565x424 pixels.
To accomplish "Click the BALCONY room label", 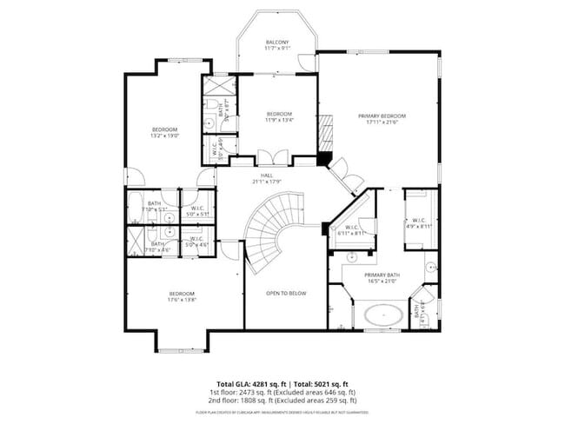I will [x=277, y=43].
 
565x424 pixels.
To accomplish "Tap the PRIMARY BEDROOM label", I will [x=382, y=116].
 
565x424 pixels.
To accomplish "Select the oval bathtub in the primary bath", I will [x=382, y=315].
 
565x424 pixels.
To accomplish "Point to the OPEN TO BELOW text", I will [x=286, y=294].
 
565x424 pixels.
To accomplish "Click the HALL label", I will [x=267, y=176].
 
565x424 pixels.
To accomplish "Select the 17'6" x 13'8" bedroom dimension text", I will [x=182, y=301].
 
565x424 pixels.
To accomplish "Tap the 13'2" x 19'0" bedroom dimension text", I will [x=164, y=136].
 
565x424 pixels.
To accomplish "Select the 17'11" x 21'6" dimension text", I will [x=382, y=123].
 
